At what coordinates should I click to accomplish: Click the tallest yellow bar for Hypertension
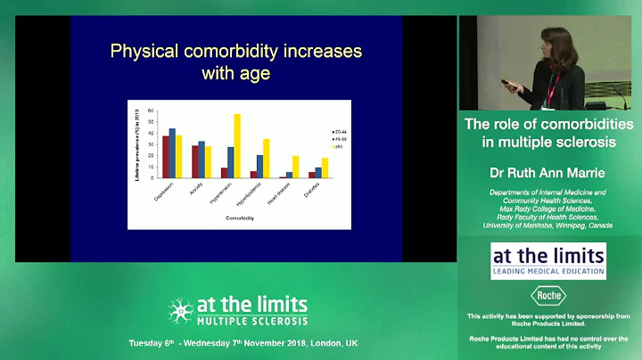pyautogui.click(x=236, y=145)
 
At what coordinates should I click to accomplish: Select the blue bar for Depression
pyautogui.click(x=172, y=152)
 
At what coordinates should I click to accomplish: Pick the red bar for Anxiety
pyautogui.click(x=195, y=161)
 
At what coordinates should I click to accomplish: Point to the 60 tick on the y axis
pyautogui.click(x=152, y=110)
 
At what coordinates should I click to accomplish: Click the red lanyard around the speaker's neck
pyautogui.click(x=554, y=87)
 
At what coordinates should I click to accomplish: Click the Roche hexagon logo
pyautogui.click(x=548, y=295)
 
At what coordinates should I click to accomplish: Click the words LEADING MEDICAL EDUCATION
pyautogui.click(x=548, y=272)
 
